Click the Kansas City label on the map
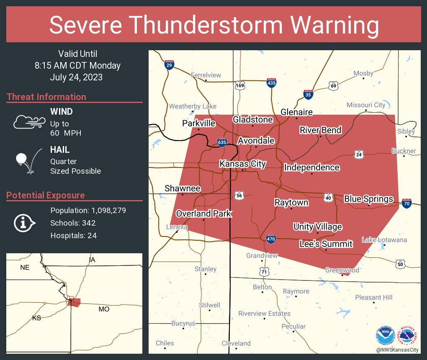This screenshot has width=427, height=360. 243,164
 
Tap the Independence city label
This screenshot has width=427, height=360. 311,167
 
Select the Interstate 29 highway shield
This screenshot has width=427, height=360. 169,65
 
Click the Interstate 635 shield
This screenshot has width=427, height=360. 222,142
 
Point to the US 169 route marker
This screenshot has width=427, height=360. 239,85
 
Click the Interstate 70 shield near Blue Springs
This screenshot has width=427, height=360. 406,203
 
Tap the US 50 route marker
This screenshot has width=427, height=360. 400,264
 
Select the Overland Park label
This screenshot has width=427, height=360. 203,213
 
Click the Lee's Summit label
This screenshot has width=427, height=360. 326,244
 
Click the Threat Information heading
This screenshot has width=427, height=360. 46,97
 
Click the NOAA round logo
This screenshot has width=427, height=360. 385,335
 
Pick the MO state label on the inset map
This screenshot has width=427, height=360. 103,309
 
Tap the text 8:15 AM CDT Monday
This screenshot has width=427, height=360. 77,65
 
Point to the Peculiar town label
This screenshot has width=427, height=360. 293,326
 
